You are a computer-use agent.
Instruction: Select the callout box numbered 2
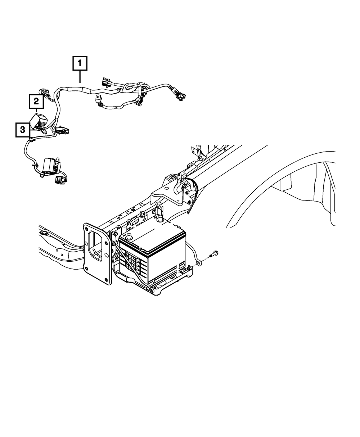(x=36, y=102)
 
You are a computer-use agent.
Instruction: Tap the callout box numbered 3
(x=23, y=130)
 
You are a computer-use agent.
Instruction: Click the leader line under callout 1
(x=80, y=77)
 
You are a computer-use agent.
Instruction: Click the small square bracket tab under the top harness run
(x=98, y=99)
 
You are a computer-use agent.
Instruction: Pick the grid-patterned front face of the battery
(x=135, y=266)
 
